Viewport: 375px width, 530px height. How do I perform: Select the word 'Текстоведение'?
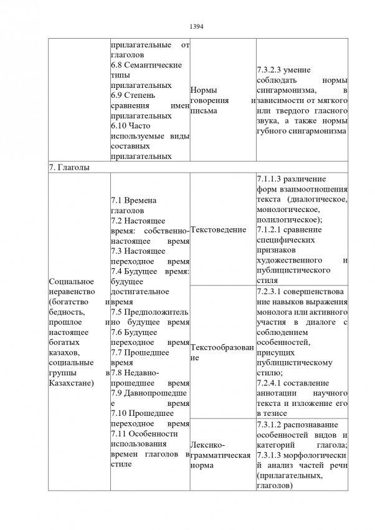[x=217, y=230]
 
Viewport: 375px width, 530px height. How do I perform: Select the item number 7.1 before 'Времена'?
[x=116, y=201]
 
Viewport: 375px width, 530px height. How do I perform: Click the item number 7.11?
[x=119, y=433]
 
